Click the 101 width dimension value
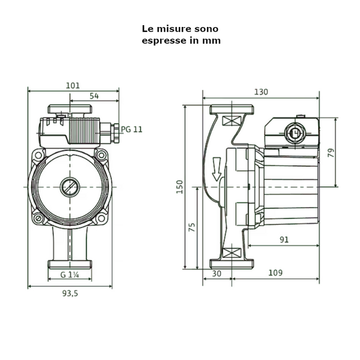[72, 86]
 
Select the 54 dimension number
[94, 96]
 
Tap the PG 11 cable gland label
[132, 129]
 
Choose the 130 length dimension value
[261, 92]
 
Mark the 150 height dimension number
[179, 187]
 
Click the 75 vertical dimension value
[192, 227]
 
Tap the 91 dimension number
[284, 239]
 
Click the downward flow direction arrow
[217, 169]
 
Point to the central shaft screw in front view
[69, 187]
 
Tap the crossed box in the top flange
[229, 121]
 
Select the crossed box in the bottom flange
[229, 253]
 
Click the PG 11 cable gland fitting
[109, 128]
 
